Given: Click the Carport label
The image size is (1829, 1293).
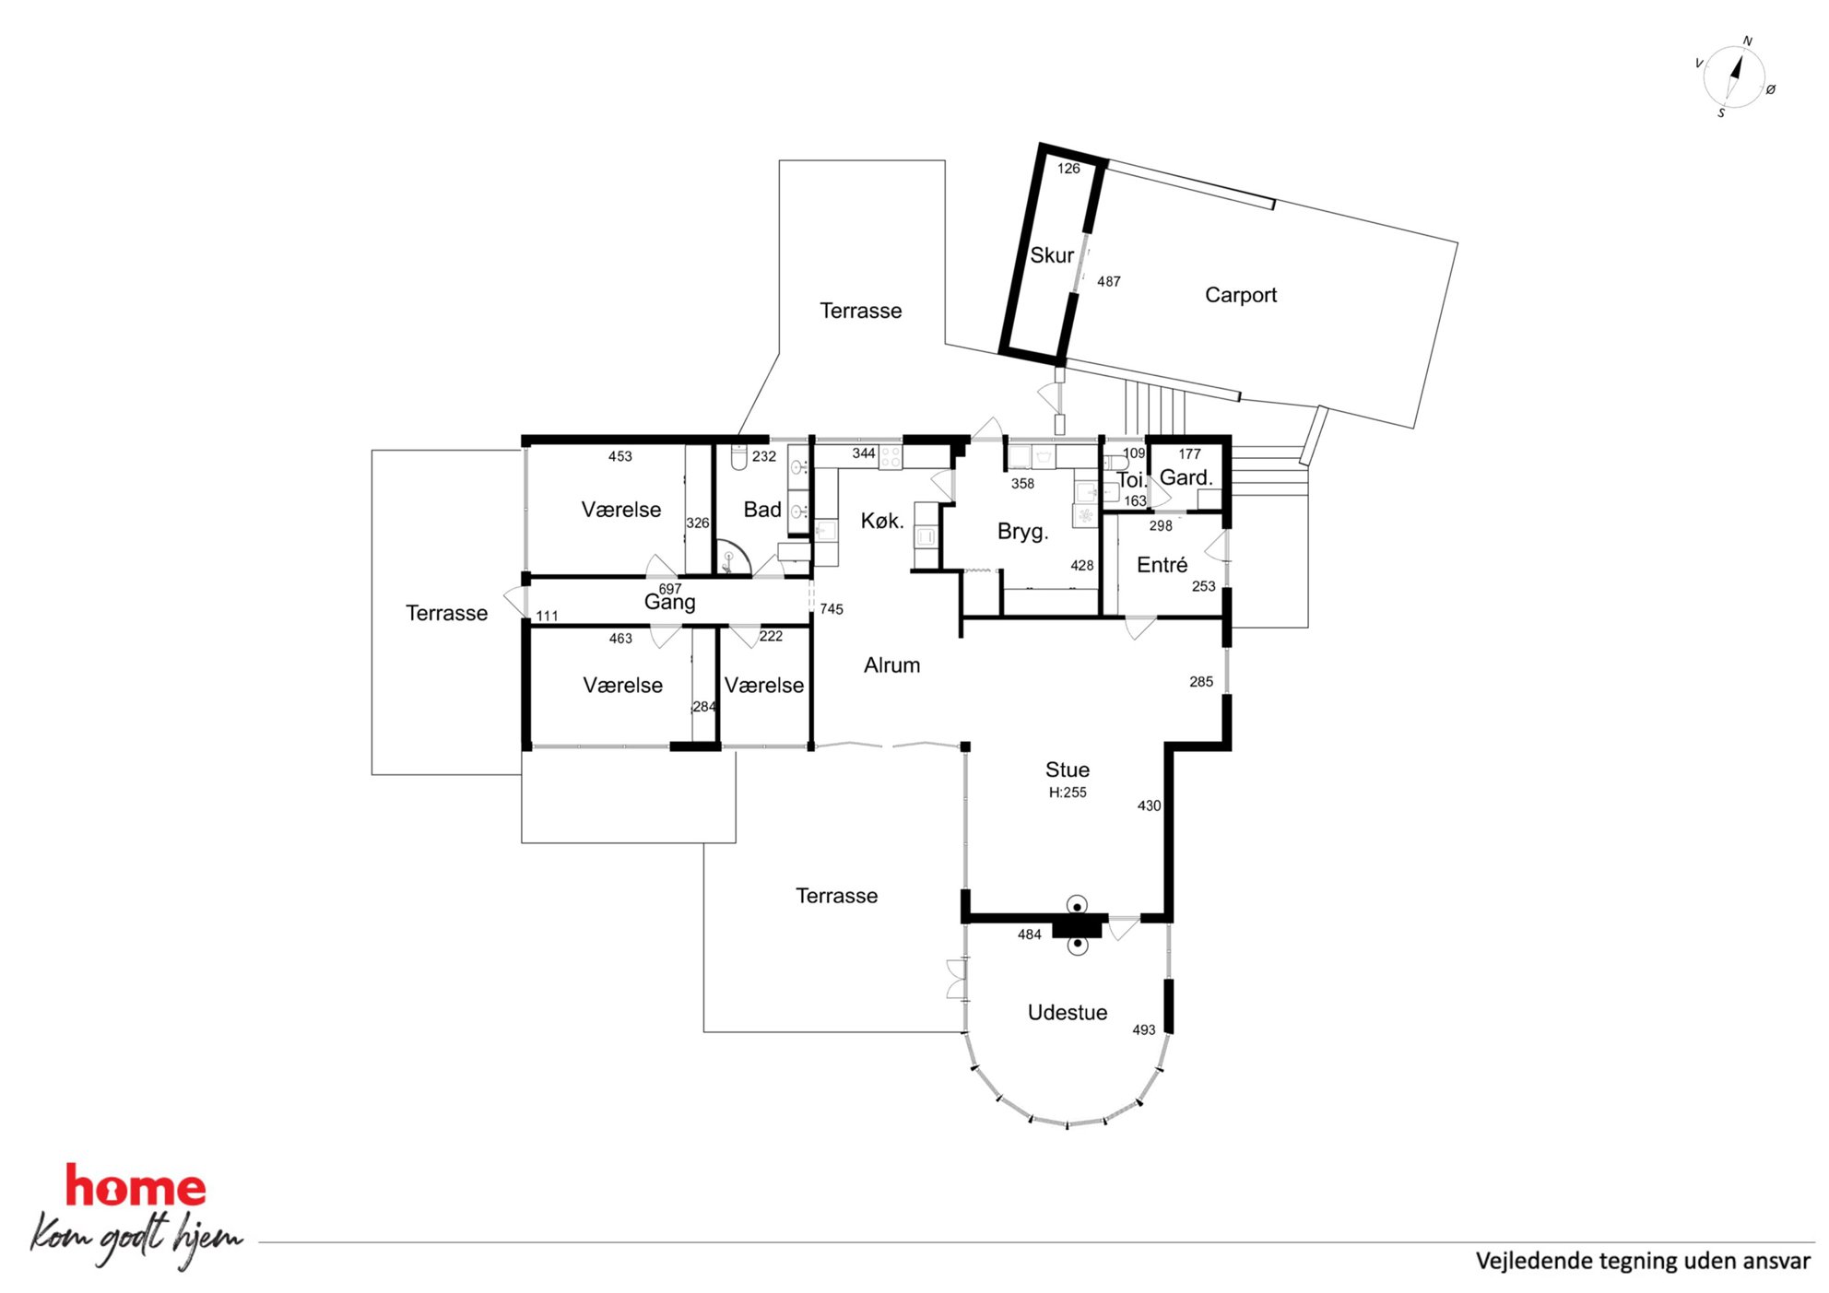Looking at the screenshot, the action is click(1240, 295).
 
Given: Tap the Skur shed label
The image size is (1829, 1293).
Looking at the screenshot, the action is click(1052, 255).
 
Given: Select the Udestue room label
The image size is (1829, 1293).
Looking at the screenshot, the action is click(1068, 1012).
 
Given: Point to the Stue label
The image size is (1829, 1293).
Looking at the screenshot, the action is click(1068, 770).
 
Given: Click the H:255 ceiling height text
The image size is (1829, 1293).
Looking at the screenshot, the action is click(1068, 793).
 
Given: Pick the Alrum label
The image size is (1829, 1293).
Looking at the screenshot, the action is click(891, 664).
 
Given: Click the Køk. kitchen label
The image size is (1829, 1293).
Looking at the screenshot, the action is click(882, 521).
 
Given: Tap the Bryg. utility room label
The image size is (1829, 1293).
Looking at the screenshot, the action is click(1023, 531).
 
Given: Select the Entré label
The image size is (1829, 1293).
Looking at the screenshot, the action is click(1162, 565).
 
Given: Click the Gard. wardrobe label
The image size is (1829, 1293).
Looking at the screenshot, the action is click(1186, 477).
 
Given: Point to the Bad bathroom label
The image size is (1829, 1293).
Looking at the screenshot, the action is click(762, 510).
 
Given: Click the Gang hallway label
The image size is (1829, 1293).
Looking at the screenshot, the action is click(669, 603).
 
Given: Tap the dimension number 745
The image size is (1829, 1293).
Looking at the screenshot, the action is click(832, 609).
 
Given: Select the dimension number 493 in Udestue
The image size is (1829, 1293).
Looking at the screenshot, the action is click(1144, 1030).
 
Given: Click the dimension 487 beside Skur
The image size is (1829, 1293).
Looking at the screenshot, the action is click(1109, 282).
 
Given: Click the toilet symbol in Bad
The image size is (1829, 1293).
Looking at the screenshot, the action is click(738, 457).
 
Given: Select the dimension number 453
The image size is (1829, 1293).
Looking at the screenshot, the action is click(620, 456).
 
